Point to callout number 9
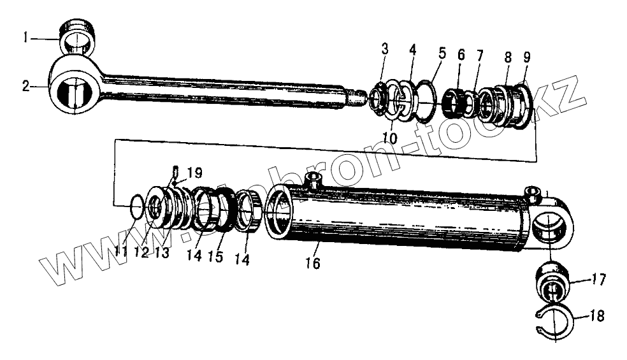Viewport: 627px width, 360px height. click(x=526, y=57)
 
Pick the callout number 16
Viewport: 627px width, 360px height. click(x=313, y=263)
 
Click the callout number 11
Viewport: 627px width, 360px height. click(x=120, y=252)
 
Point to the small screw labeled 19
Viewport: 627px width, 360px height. click(x=173, y=171)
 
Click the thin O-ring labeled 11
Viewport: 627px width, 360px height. click(x=136, y=206)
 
